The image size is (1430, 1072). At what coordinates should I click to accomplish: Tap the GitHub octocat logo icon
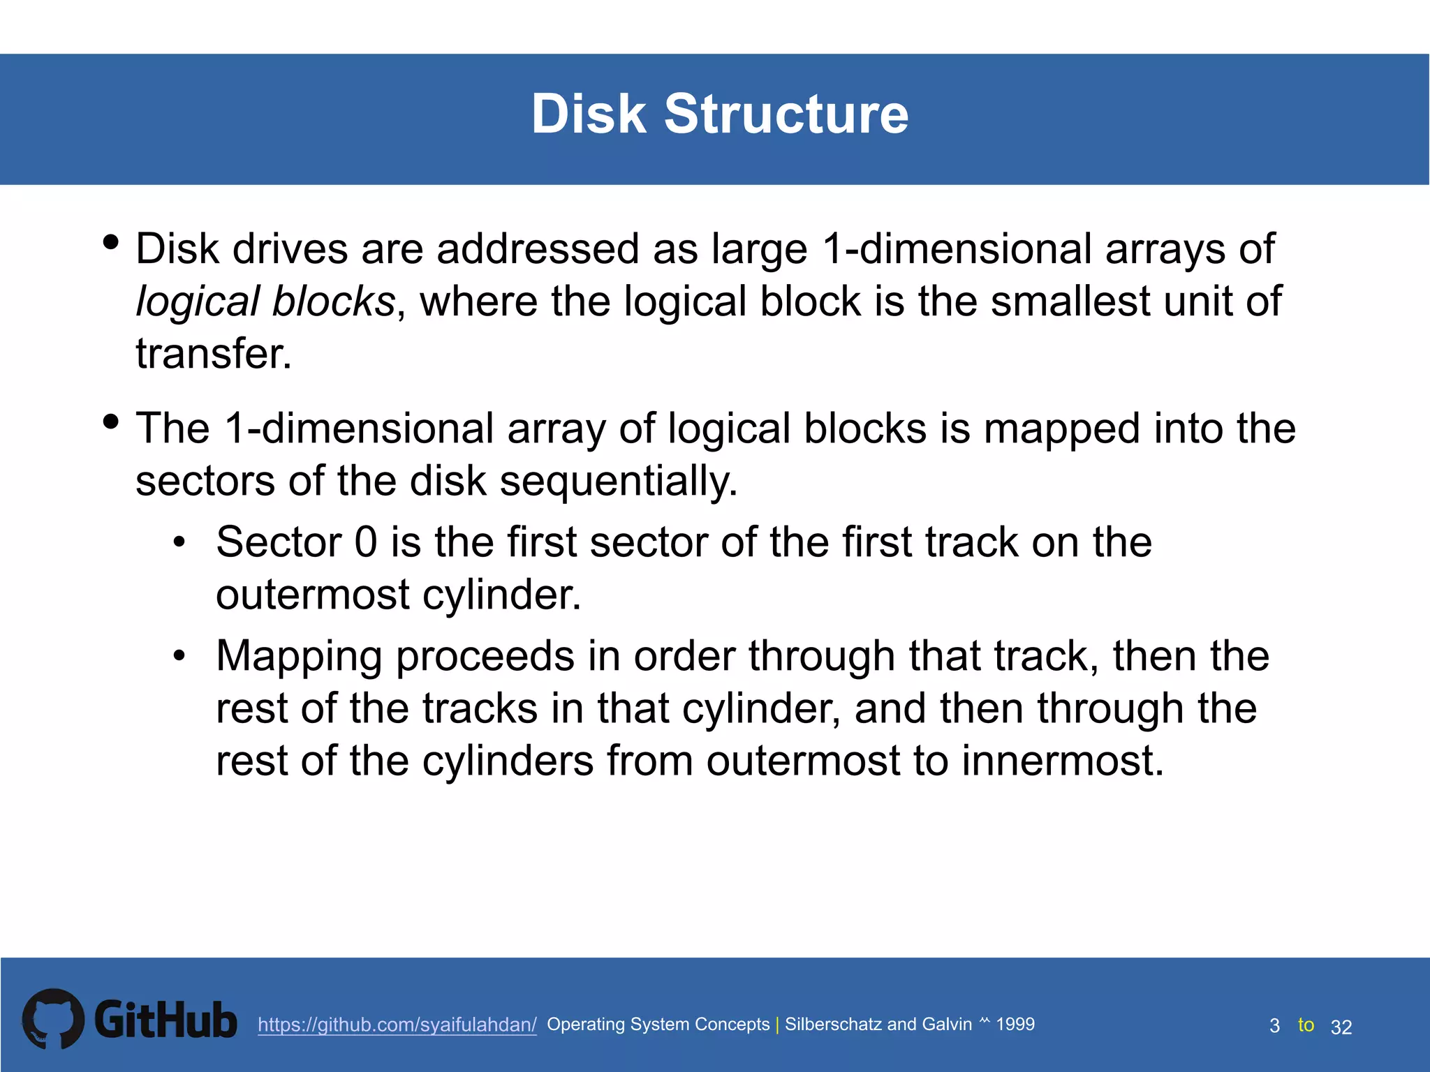pyautogui.click(x=53, y=1019)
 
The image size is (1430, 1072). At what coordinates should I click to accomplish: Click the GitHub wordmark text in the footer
pyautogui.click(x=165, y=1020)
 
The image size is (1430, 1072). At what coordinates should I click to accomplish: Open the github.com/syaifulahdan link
pyautogui.click(x=397, y=1025)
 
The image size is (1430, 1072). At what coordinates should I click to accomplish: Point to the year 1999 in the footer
pyautogui.click(x=1015, y=1024)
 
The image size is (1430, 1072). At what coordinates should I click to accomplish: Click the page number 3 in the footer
pyautogui.click(x=1274, y=1026)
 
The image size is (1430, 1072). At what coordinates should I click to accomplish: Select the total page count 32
pyautogui.click(x=1341, y=1027)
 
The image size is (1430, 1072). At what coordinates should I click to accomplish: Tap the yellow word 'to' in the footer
pyautogui.click(x=1306, y=1025)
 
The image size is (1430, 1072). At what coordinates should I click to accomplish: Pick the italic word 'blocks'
pyautogui.click(x=334, y=301)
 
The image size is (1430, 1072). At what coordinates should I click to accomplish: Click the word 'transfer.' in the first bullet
pyautogui.click(x=213, y=354)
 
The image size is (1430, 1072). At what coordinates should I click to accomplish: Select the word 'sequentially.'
pyautogui.click(x=619, y=481)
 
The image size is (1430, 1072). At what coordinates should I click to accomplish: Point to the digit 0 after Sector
pyautogui.click(x=366, y=542)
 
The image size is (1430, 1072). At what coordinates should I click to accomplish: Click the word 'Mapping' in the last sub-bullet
pyautogui.click(x=299, y=657)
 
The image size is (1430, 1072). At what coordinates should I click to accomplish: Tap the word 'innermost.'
pyautogui.click(x=1063, y=761)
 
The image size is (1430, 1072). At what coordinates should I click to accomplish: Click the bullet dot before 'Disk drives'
pyautogui.click(x=110, y=243)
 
